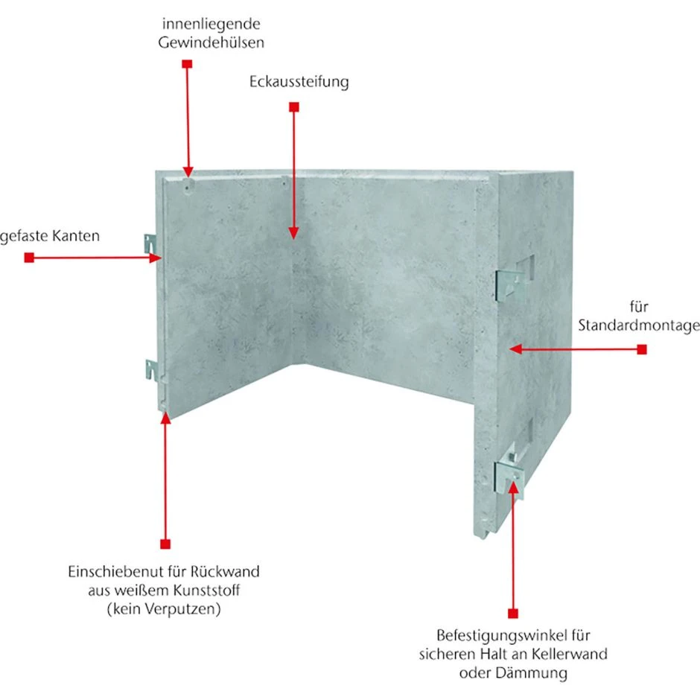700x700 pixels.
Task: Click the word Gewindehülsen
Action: (x=211, y=42)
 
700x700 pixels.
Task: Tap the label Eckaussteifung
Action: (x=299, y=82)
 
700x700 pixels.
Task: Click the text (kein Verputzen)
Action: (x=165, y=609)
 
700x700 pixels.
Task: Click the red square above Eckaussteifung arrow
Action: (x=293, y=108)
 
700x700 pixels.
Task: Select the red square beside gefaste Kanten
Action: (x=29, y=258)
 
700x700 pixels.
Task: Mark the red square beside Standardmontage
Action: (x=642, y=349)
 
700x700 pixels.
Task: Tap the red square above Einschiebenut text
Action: (x=165, y=544)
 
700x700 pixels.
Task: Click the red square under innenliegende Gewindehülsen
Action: (x=187, y=64)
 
